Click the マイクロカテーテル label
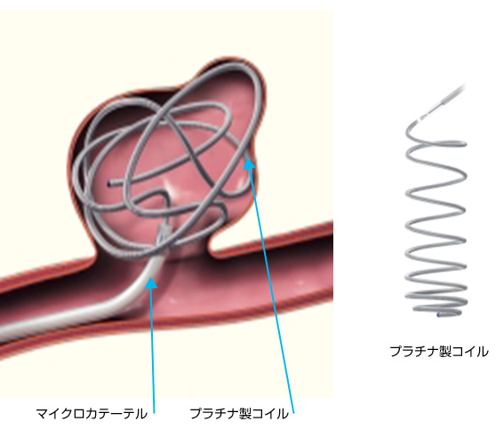pyautogui.click(x=92, y=414)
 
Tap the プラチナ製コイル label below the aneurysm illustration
pyautogui.click(x=239, y=414)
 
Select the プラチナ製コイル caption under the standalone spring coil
pyautogui.click(x=439, y=351)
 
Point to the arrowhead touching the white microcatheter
pyautogui.click(x=150, y=282)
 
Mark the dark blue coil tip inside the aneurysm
pyautogui.click(x=109, y=183)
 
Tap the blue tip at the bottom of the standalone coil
pyautogui.click(x=438, y=314)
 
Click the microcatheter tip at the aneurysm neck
pyautogui.click(x=164, y=233)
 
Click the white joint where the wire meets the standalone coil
pyautogui.click(x=421, y=119)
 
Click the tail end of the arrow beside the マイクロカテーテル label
pyautogui.click(x=154, y=412)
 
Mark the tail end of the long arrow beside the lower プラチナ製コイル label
pyautogui.click(x=293, y=412)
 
